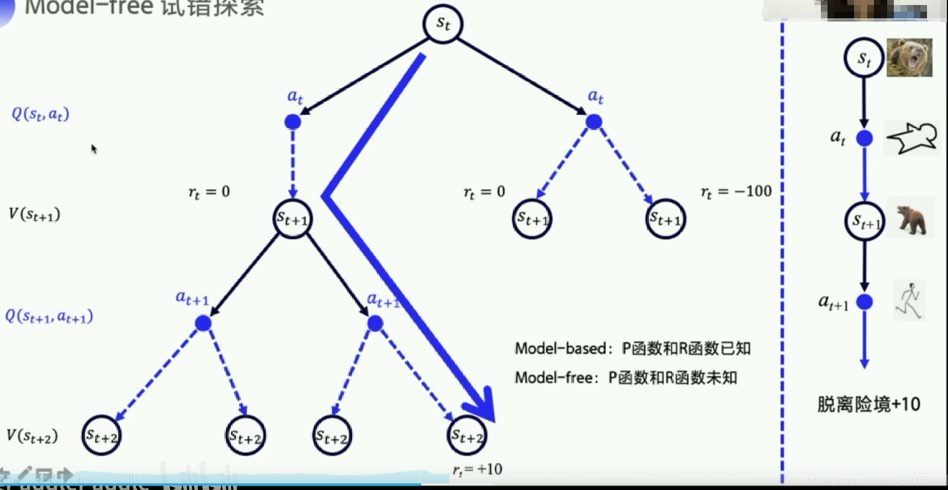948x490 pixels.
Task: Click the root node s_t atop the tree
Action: (442, 24)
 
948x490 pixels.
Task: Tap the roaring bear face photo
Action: (909, 58)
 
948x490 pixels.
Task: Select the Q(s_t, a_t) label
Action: (40, 114)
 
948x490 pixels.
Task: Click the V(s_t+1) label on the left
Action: (34, 215)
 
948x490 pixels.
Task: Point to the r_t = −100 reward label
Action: (736, 192)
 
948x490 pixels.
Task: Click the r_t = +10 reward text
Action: (478, 470)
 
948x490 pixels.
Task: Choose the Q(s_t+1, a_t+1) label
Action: (49, 316)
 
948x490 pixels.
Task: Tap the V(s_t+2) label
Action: (32, 436)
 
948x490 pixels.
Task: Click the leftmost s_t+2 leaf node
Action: (101, 436)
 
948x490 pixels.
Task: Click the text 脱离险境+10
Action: (868, 404)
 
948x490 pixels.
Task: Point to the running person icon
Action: (909, 301)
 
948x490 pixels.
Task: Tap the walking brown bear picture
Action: (910, 218)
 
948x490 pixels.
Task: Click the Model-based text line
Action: (632, 348)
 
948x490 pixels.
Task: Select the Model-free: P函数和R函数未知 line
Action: (626, 378)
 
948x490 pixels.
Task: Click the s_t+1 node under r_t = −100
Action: (666, 219)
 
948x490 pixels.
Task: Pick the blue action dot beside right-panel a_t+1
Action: (865, 302)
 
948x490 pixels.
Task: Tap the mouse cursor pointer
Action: (94, 149)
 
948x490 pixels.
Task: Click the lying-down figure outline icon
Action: (912, 138)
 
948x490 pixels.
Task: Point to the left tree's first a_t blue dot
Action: (292, 122)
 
